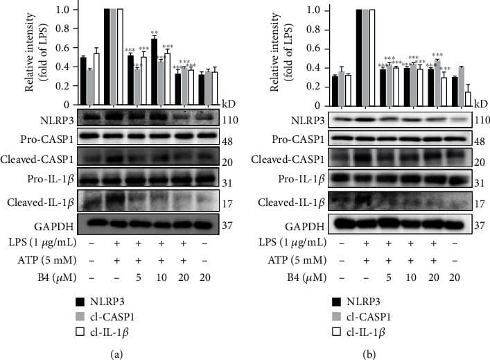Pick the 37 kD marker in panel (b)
point(480,225)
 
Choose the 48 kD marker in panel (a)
point(230,139)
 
